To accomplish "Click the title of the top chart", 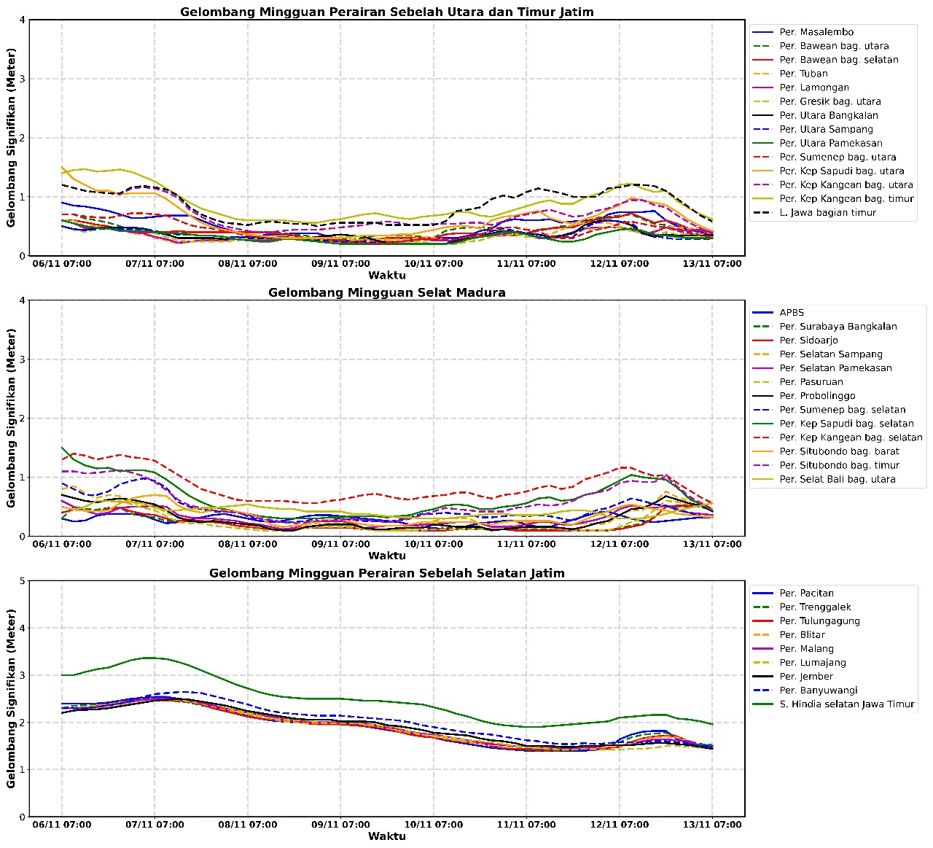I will coord(386,12).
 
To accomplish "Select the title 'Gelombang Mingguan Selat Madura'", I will coord(386,292).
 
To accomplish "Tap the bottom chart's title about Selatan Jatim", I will coord(386,573).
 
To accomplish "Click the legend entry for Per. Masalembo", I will coord(816,32).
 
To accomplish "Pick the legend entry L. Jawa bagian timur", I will coord(827,213).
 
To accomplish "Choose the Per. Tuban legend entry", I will coord(803,74).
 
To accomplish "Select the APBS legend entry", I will coord(792,313).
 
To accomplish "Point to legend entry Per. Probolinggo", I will coord(817,396).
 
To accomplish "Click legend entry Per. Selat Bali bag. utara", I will coord(837,480).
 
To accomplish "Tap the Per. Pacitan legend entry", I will coord(806,594).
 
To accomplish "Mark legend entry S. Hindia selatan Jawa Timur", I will coord(846,704).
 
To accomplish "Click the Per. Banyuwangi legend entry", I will coord(818,691).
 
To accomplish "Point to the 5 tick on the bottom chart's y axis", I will coord(23,581).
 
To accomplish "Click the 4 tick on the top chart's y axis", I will coord(23,20).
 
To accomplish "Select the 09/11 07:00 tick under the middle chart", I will coord(340,544).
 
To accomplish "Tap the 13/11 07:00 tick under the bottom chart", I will coord(712,825).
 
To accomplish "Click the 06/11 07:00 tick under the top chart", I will coord(62,263).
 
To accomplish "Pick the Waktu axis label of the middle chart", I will coord(386,556).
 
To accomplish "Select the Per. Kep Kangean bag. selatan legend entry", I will coord(851,438).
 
